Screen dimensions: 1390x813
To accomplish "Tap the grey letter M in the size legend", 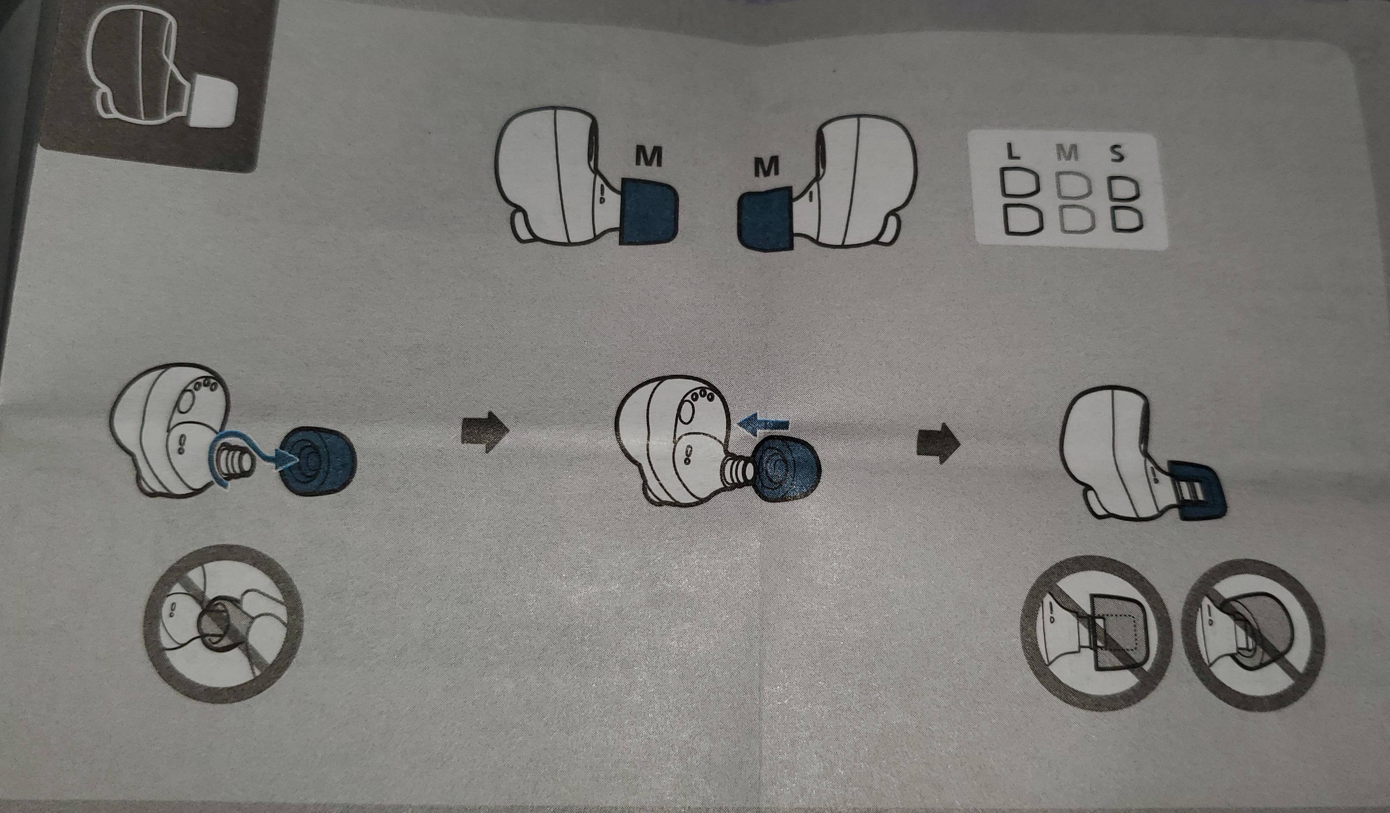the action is [1068, 152].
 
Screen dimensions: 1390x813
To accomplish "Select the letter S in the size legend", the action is [1116, 154].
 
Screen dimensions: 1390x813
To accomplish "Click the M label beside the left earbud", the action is [648, 158].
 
